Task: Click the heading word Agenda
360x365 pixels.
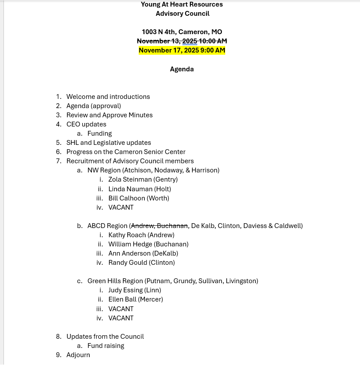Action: coord(182,69)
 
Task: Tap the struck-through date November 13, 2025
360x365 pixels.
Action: coord(167,41)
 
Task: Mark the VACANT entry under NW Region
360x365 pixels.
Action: coord(121,207)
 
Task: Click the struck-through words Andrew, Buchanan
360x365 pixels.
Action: coord(160,226)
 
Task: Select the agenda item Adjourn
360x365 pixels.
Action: coord(78,355)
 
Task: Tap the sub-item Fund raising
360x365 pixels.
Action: coord(106,346)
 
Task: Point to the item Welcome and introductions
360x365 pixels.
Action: coord(108,97)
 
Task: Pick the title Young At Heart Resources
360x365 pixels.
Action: coord(182,4)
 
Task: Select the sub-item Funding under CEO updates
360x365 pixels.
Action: coord(100,133)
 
